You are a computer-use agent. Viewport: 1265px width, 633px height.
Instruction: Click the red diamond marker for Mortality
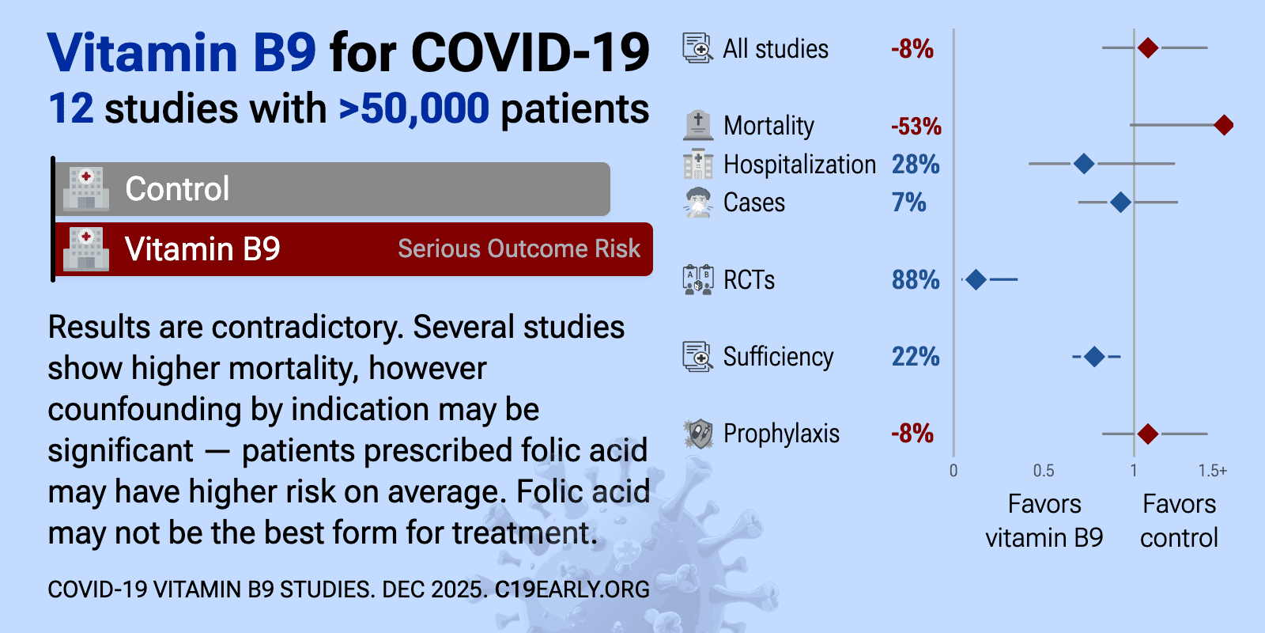[x=1223, y=125]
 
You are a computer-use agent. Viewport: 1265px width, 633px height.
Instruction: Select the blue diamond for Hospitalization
[x=1084, y=164]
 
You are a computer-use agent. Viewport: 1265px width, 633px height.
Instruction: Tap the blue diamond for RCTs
[x=976, y=279]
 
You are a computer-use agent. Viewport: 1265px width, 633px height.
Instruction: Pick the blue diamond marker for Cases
[x=1120, y=203]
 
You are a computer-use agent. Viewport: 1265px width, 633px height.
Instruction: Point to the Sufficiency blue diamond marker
[x=1094, y=357]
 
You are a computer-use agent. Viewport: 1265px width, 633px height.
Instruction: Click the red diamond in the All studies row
[x=1148, y=48]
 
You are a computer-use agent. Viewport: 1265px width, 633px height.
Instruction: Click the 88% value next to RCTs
[x=915, y=280]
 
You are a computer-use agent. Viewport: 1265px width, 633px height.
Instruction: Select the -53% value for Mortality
[x=916, y=127]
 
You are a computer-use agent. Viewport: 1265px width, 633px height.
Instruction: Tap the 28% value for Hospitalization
[x=915, y=165]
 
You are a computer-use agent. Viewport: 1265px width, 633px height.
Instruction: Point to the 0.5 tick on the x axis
[x=1044, y=471]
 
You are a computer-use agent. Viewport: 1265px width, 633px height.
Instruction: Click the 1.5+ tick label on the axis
[x=1212, y=471]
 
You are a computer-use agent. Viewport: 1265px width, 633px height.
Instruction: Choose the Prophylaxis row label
[x=781, y=434]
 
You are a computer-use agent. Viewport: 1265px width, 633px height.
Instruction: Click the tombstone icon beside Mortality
[x=698, y=125]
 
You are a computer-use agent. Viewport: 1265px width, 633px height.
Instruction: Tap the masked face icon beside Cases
[x=698, y=203]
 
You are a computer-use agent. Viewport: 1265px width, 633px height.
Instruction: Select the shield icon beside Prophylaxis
[x=698, y=434]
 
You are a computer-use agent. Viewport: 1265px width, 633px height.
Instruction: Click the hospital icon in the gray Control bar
[x=86, y=189]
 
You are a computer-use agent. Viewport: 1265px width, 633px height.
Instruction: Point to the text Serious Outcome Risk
[x=519, y=249]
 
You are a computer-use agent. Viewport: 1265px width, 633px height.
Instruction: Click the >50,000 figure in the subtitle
[x=413, y=109]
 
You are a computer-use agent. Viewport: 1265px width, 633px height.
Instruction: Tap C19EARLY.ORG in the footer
[x=572, y=589]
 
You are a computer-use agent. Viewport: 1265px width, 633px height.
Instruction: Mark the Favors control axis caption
[x=1179, y=521]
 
